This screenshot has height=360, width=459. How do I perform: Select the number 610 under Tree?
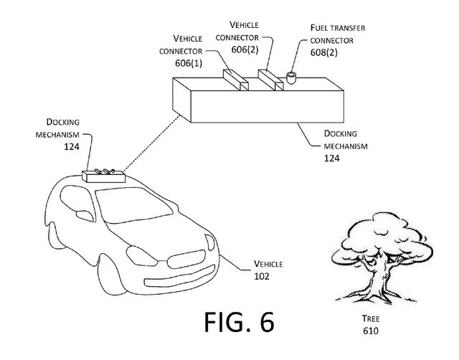click(x=371, y=331)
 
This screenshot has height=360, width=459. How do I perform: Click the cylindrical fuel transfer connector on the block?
click(x=290, y=77)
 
